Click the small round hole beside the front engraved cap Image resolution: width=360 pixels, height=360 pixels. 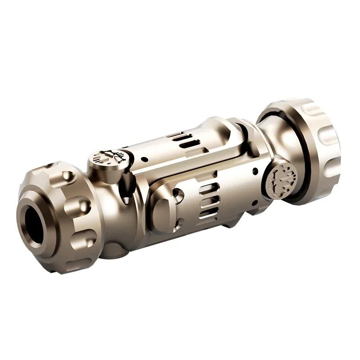click(x=144, y=159)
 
